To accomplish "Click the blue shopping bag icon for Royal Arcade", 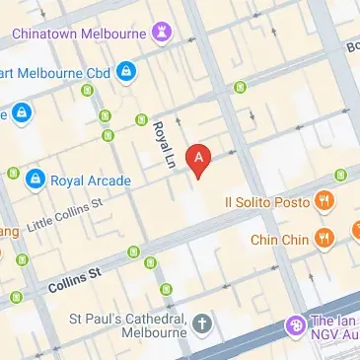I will tap(36, 179).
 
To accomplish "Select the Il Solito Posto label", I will tap(266, 202).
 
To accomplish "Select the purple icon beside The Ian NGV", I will tap(293, 324).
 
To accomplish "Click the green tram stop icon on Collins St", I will tap(151, 262).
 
